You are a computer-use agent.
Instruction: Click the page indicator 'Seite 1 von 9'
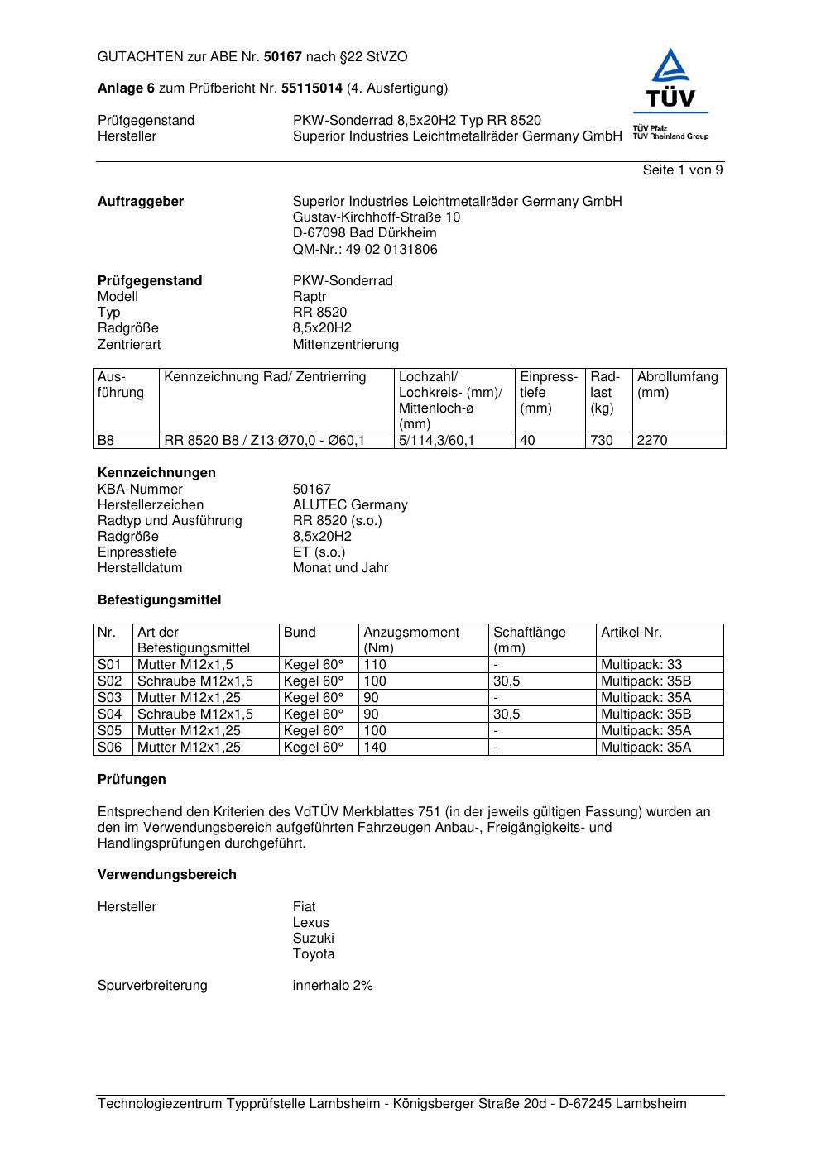click(682, 170)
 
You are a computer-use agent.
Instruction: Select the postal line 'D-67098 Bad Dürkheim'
click(364, 233)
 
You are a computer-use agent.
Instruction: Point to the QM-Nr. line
click(365, 249)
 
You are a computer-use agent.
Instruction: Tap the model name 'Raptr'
click(310, 296)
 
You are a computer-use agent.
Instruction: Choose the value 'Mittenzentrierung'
click(345, 344)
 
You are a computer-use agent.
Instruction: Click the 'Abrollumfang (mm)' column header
click(677, 385)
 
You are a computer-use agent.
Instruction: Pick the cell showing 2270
click(652, 441)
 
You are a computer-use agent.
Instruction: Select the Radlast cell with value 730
click(602, 441)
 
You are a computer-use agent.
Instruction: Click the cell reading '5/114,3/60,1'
click(437, 441)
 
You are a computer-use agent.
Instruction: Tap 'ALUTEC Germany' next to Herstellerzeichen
click(349, 504)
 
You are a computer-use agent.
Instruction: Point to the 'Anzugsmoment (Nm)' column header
click(410, 640)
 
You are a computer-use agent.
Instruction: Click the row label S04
click(109, 714)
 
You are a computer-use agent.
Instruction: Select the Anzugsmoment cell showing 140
click(375, 747)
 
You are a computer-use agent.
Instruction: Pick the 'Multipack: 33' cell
click(641, 664)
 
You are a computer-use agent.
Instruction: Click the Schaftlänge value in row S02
click(507, 681)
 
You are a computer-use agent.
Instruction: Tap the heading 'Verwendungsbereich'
click(166, 874)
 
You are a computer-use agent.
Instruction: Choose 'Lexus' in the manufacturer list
click(310, 922)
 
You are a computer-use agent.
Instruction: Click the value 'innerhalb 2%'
click(333, 985)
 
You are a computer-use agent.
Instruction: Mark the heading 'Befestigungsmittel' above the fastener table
click(159, 600)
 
